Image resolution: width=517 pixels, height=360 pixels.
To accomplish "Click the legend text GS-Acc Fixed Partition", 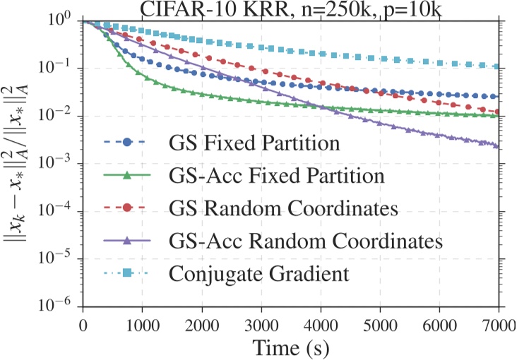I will [278, 175].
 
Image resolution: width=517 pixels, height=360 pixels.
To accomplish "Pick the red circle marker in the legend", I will [128, 208].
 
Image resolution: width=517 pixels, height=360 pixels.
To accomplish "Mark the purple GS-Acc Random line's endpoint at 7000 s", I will [498, 146].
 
